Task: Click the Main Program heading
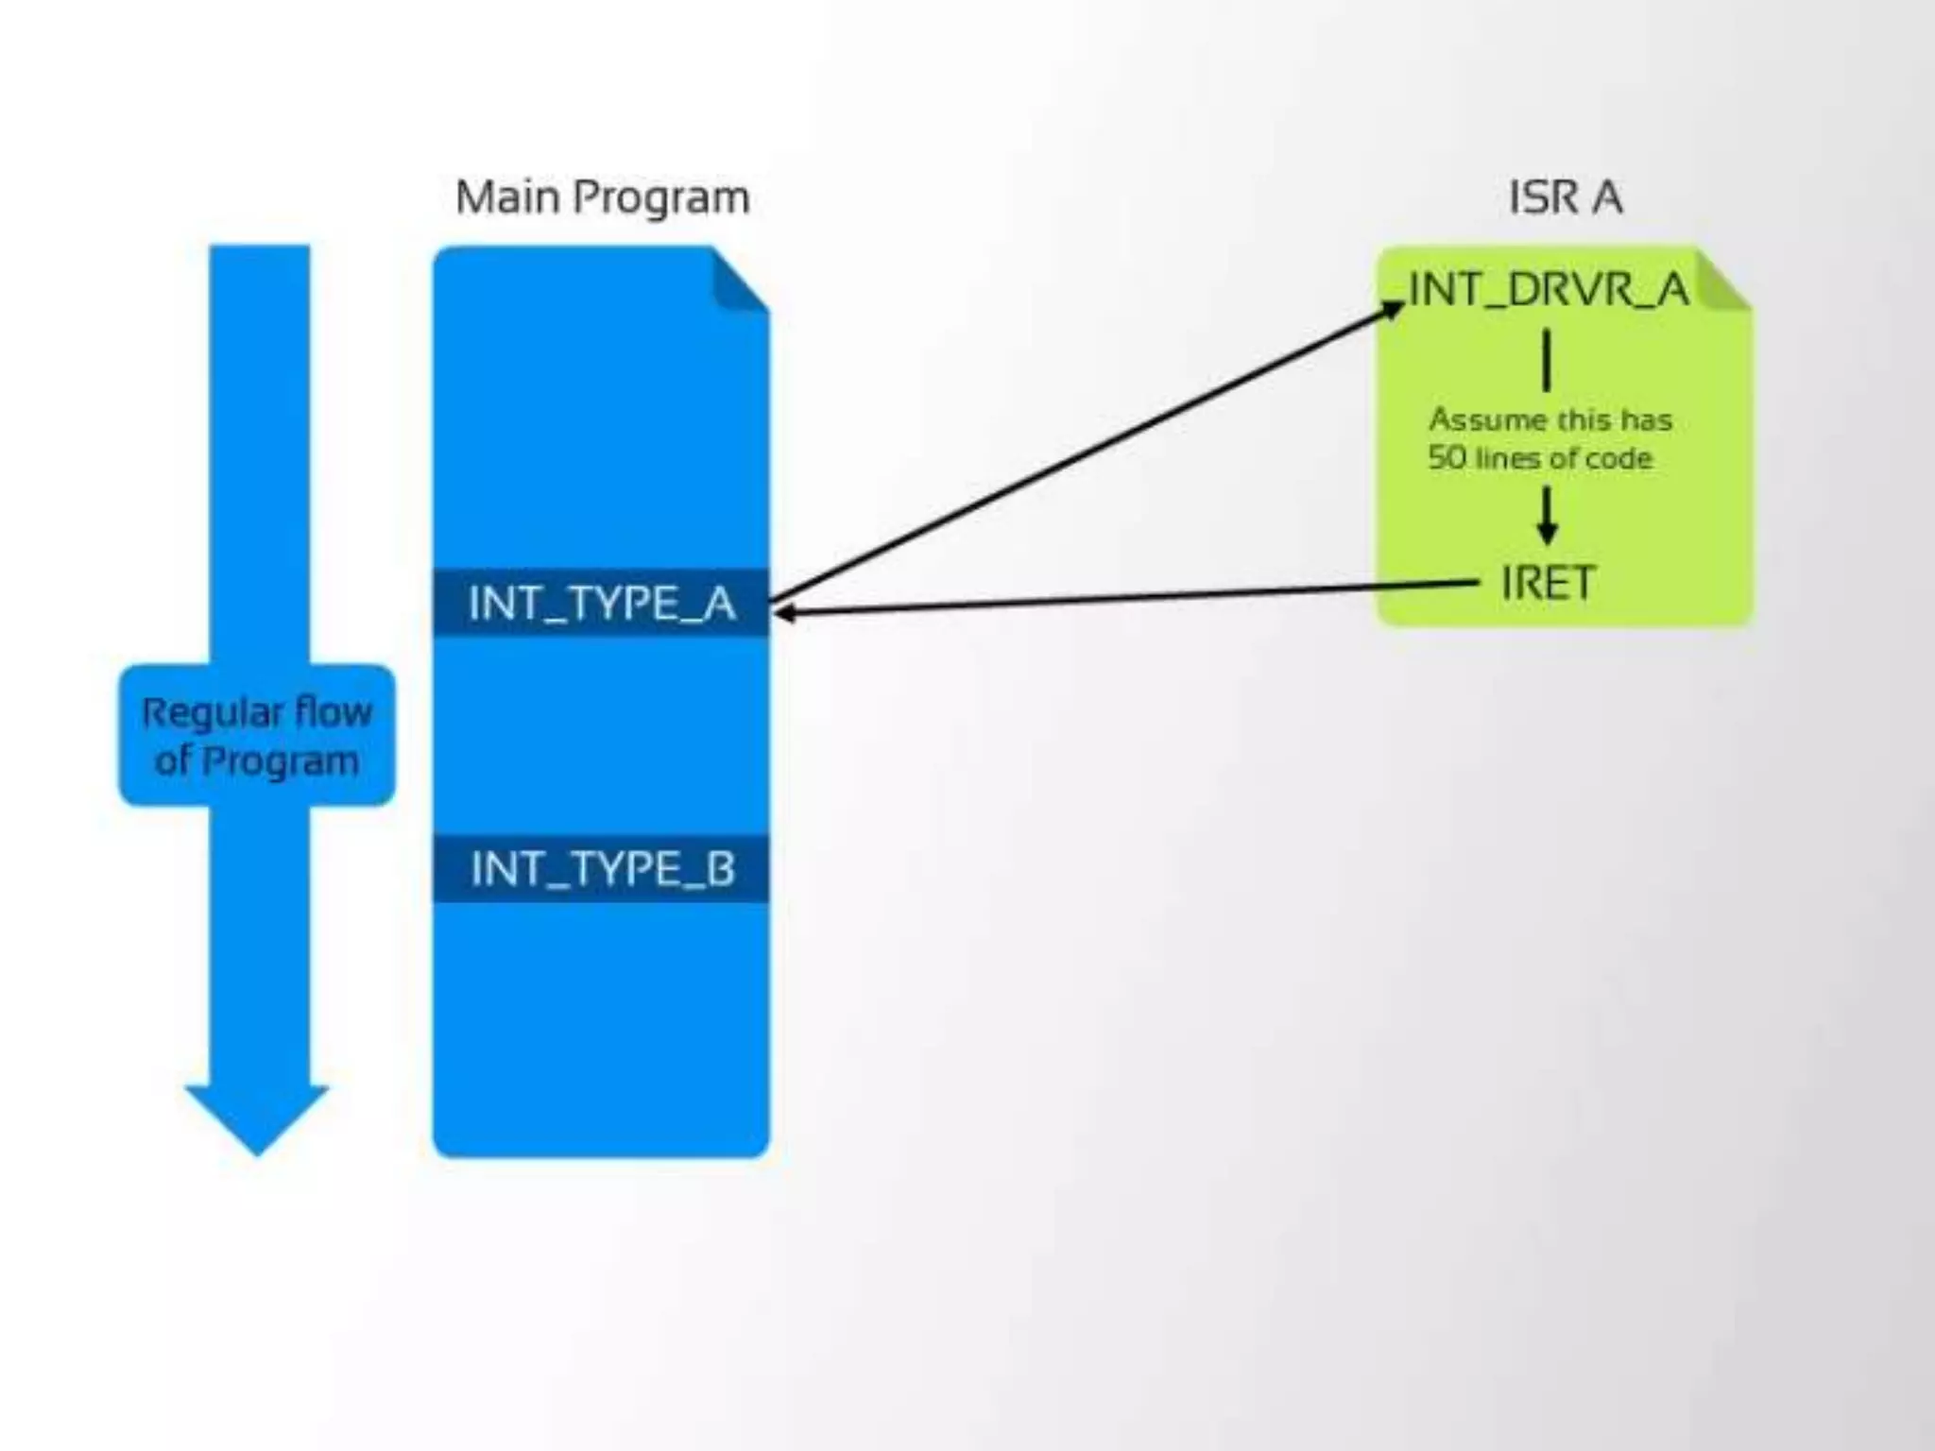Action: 602,198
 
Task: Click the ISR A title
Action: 1565,198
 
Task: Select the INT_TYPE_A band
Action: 602,603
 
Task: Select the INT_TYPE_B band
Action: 602,868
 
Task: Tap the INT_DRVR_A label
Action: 1549,289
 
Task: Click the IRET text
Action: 1549,582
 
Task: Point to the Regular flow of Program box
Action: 257,735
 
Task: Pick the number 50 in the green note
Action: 1446,458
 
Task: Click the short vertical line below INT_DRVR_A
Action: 1547,359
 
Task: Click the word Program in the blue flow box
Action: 280,761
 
